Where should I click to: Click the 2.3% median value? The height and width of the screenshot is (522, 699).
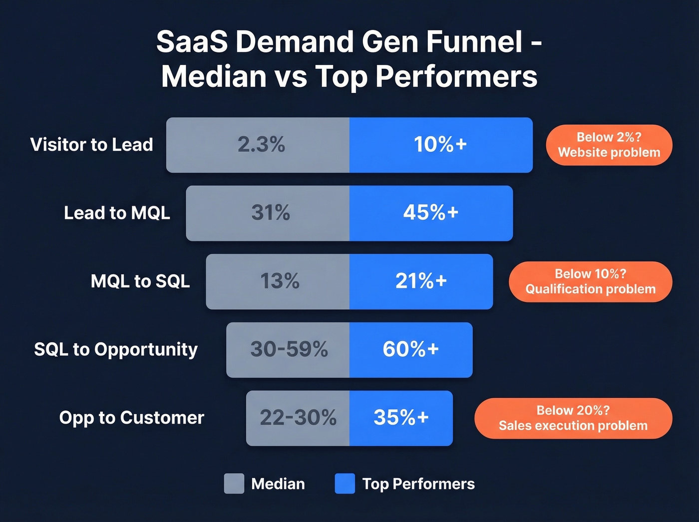261,145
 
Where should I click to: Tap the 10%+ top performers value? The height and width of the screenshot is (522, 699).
440,145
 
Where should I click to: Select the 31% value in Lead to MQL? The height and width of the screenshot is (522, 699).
270,213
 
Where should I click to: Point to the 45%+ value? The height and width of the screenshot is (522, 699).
430,213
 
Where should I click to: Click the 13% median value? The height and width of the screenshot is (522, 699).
280,281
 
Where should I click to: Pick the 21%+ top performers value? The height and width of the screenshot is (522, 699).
421,281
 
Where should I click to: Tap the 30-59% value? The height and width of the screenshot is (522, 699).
289,349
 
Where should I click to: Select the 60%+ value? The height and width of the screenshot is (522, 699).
410,349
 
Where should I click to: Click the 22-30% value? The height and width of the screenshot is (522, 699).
298,418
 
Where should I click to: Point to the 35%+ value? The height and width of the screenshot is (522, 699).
401,418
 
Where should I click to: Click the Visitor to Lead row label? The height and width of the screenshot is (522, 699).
91,145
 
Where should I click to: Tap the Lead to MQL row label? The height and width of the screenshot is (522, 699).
117,213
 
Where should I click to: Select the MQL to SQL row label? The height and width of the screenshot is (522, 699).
140,281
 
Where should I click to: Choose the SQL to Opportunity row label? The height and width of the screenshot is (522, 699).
116,350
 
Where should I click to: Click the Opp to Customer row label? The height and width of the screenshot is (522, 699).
132,418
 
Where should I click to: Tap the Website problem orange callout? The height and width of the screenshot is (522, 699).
609,145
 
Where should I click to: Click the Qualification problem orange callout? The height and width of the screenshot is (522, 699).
590,282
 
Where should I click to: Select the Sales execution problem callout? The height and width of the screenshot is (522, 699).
573,418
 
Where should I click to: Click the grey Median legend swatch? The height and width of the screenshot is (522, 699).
234,484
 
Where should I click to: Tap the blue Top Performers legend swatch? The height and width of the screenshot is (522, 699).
345,484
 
